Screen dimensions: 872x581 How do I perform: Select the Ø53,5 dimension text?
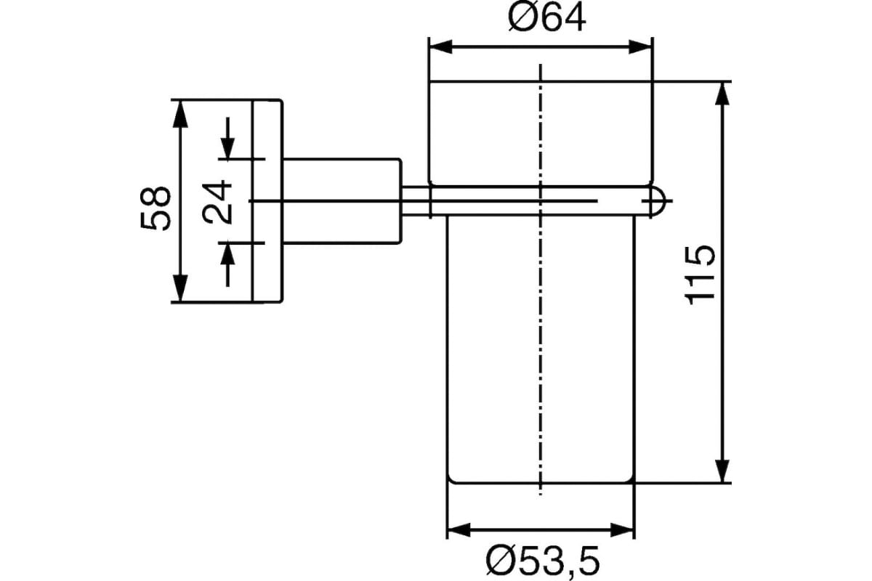coord(543,561)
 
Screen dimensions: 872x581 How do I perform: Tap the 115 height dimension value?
coord(700,275)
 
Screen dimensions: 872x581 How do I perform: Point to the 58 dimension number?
coord(155,208)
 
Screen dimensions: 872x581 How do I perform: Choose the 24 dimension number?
coord(217,202)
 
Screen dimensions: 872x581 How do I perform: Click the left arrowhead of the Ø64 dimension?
coord(440,46)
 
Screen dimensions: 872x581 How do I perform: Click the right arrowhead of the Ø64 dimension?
coord(641,46)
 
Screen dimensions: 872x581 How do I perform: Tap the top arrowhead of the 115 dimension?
coord(722,94)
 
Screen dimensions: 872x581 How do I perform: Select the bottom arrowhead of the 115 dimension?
coord(722,471)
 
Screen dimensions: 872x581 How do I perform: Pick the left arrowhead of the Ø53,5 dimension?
coord(459,530)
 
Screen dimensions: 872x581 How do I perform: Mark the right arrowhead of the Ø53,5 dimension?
coord(623,530)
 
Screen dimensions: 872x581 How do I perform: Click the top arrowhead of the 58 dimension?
coord(179,113)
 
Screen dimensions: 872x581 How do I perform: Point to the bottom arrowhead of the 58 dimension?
coord(179,288)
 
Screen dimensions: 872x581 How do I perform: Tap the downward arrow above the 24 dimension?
coord(227,139)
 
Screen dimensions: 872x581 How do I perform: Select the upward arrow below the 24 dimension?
coord(227,264)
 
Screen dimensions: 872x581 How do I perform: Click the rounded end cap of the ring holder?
coord(658,200)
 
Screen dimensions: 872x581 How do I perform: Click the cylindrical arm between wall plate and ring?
coord(342,201)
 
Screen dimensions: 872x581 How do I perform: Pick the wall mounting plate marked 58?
coord(268,201)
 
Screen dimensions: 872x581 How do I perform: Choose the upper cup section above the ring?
coord(541,133)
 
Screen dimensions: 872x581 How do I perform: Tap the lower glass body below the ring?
coord(541,350)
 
